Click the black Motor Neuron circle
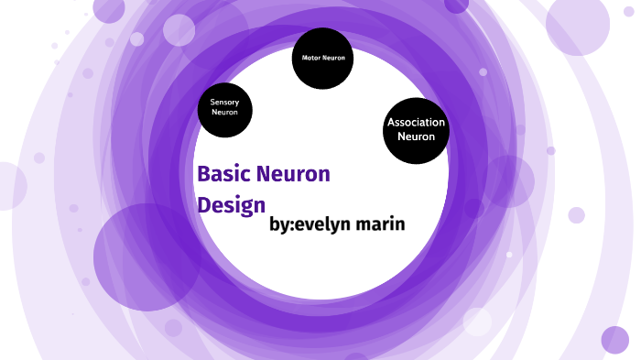[322, 59]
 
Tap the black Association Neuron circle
[416, 130]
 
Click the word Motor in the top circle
[310, 58]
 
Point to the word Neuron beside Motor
[333, 58]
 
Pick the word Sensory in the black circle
[224, 102]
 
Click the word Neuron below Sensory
[224, 113]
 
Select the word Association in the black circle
[416, 122]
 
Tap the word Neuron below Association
[416, 136]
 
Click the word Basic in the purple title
[223, 173]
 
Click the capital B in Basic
[203, 173]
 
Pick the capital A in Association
[391, 122]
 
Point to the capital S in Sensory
[212, 102]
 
